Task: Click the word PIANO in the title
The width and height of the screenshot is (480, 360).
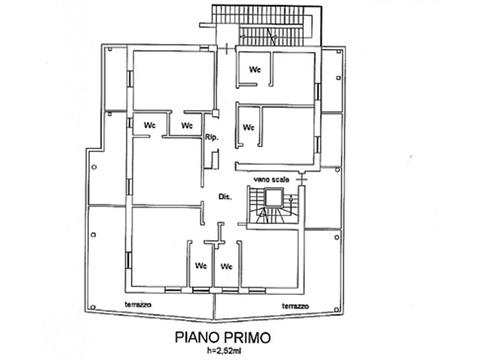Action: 198,337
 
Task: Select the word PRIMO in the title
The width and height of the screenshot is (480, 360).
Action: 248,337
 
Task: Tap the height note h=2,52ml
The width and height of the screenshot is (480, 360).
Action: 224,351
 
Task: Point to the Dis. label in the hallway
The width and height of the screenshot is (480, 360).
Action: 225,197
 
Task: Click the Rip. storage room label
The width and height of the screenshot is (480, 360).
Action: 212,138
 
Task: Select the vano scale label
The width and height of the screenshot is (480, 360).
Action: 271,180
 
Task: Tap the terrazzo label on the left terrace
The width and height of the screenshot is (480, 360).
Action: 138,305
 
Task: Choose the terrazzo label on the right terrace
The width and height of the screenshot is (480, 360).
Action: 295,306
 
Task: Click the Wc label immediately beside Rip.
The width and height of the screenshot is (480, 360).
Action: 187,126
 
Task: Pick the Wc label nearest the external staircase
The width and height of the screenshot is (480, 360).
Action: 255,69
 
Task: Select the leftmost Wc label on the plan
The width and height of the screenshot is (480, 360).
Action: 150,125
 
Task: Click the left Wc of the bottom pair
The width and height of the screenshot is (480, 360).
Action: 201,265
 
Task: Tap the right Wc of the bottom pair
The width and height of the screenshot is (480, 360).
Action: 226,266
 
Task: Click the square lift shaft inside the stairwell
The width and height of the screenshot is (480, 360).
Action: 273,198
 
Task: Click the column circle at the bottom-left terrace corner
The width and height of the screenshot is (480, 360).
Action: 93,307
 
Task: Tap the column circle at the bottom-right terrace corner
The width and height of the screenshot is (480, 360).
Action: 337,309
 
